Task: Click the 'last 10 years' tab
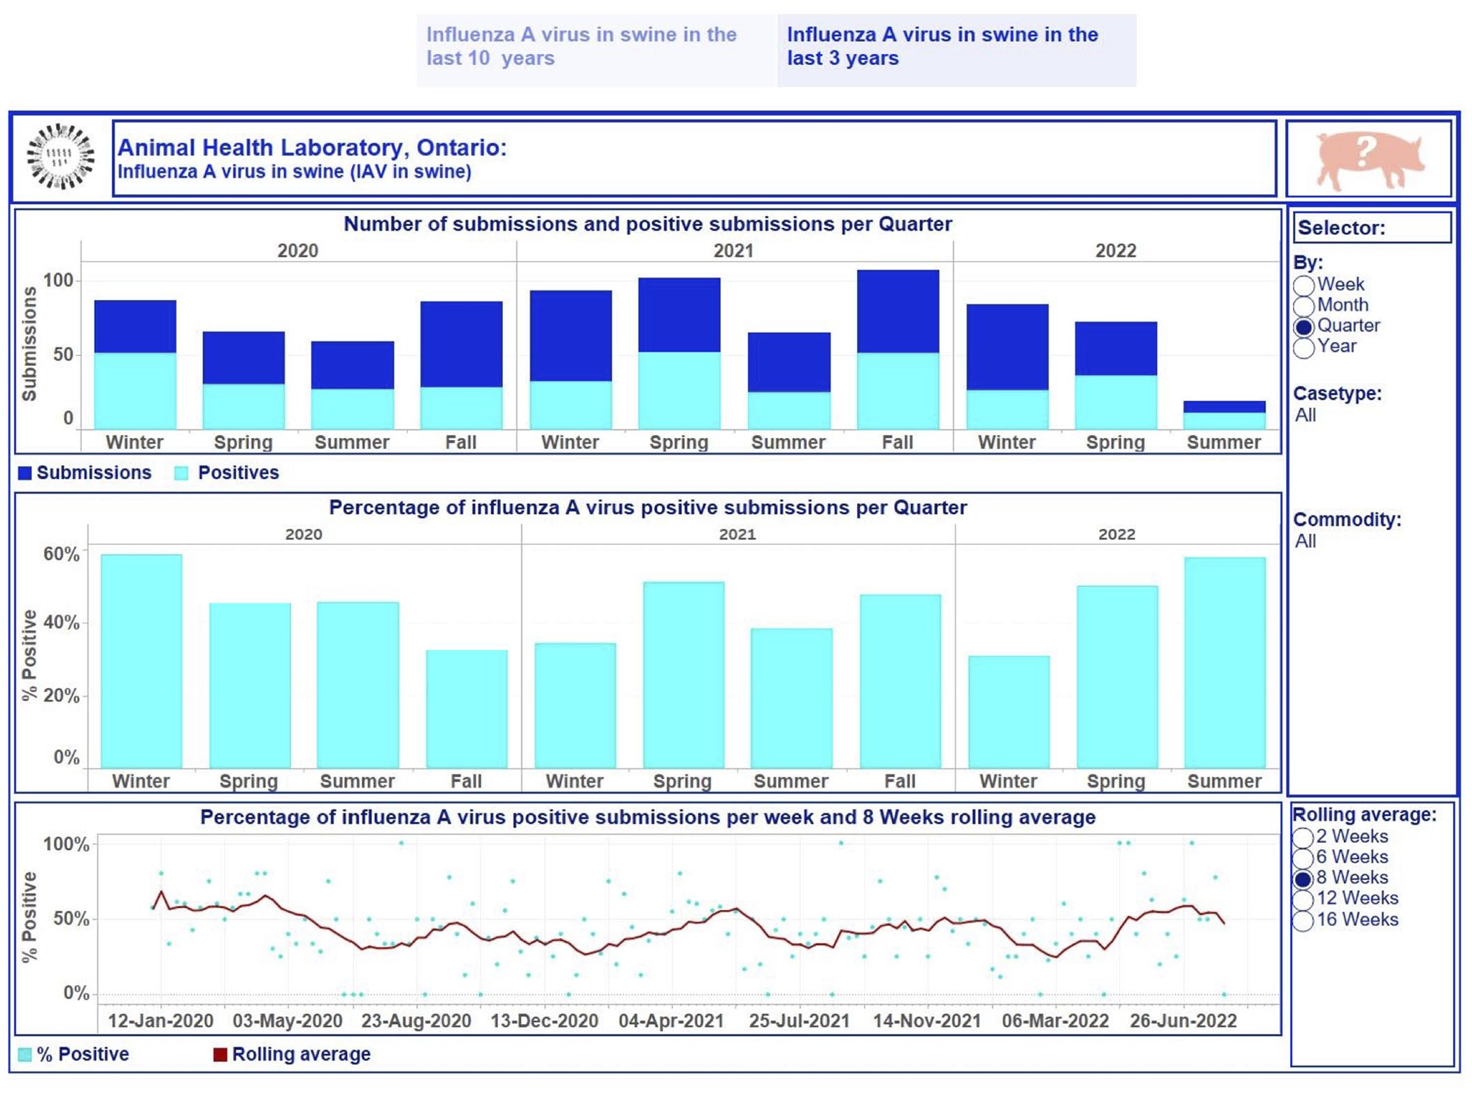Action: point(596,50)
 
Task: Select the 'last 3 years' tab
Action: point(956,50)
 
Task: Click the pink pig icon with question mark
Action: point(1369,159)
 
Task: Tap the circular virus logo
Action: point(61,156)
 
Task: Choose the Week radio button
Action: point(1303,285)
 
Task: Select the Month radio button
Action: point(1303,306)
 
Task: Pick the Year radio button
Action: point(1303,347)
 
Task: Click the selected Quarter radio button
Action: point(1303,327)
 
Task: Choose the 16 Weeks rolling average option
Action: point(1302,921)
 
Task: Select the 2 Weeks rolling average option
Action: point(1302,837)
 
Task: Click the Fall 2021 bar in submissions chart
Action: point(898,349)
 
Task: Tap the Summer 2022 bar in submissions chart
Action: point(1224,415)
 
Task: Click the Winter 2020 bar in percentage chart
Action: point(141,661)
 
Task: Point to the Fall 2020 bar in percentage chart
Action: point(467,709)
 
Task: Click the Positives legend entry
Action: point(227,473)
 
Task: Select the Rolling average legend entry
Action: point(292,1054)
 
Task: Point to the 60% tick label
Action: point(61,554)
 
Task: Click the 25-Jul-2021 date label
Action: point(799,1021)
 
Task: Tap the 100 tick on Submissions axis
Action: point(58,280)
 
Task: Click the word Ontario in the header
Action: point(461,148)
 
